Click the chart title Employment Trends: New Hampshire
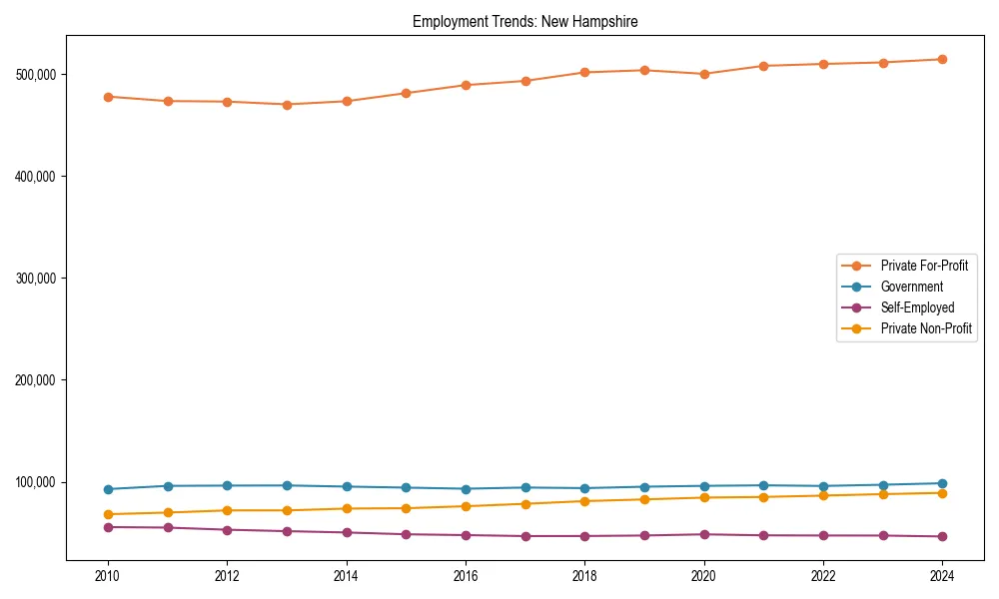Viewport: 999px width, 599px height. (x=524, y=21)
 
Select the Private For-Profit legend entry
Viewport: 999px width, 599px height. (x=924, y=266)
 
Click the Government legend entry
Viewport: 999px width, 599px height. (x=911, y=287)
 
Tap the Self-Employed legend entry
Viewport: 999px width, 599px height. (x=917, y=307)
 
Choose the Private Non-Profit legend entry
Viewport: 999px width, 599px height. (x=926, y=328)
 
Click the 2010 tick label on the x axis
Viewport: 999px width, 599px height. (x=108, y=576)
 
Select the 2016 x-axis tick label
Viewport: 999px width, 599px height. (x=466, y=576)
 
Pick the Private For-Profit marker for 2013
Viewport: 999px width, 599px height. (x=287, y=104)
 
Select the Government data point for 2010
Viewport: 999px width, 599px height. (x=108, y=489)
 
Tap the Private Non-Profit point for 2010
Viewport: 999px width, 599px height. (x=108, y=514)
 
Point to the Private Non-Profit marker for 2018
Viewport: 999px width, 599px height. (x=584, y=501)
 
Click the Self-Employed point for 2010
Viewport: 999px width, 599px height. (x=108, y=527)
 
